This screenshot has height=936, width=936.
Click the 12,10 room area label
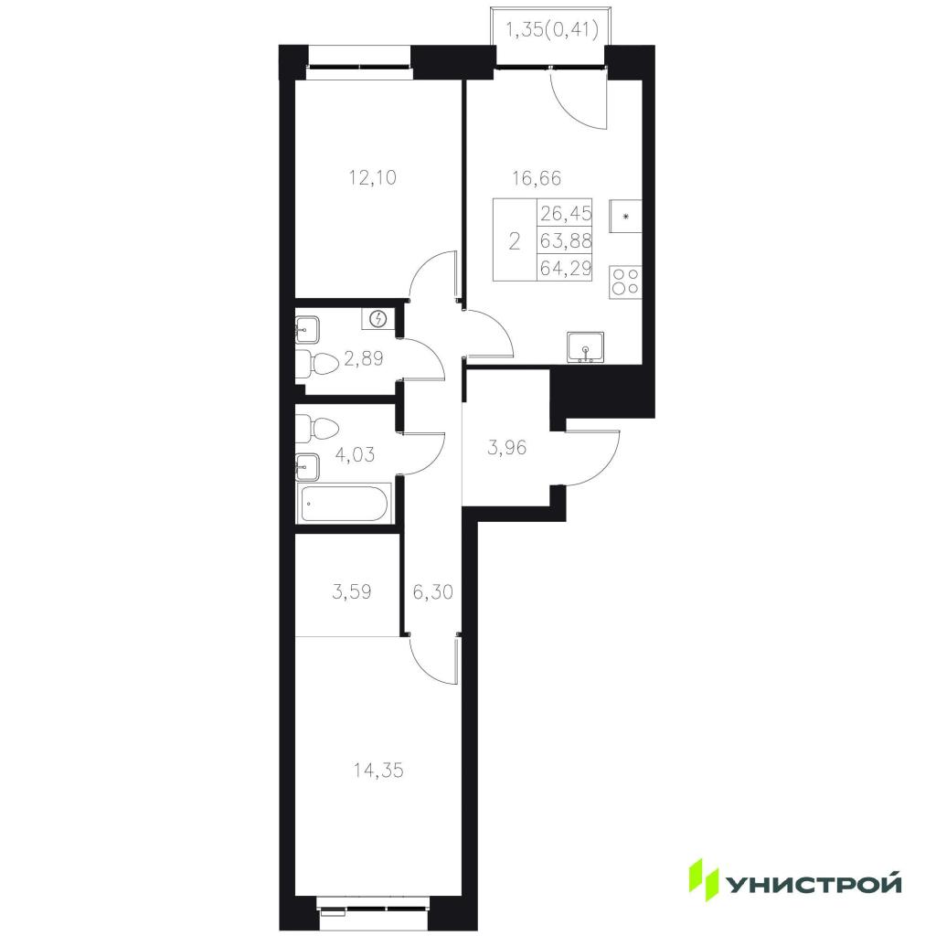click(373, 177)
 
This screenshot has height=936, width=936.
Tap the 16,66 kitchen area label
click(537, 177)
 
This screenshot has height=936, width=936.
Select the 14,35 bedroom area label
click(378, 770)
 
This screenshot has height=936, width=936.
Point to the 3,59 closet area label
click(352, 591)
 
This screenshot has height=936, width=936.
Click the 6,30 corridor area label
click(432, 591)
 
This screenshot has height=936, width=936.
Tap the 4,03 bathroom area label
click(356, 454)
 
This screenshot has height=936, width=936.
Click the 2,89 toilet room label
click(364, 358)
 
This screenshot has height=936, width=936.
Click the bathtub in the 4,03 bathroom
click(344, 503)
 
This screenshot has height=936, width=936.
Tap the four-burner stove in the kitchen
click(625, 282)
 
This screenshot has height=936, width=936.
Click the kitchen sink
click(586, 347)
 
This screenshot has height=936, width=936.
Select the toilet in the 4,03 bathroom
click(317, 429)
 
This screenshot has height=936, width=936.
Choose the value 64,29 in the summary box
click(565, 268)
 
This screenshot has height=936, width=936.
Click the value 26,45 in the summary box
click(565, 212)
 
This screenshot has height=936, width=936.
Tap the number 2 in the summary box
click(514, 241)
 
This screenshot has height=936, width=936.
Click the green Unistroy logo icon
click(703, 878)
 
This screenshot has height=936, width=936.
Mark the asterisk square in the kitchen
click(625, 216)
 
